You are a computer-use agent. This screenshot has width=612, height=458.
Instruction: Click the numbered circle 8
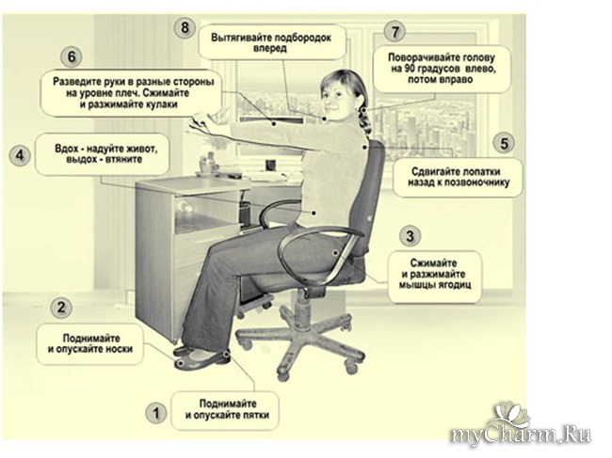point(185,28)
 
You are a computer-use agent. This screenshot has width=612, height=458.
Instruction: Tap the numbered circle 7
point(395,31)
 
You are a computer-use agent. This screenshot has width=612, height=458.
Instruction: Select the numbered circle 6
point(72,57)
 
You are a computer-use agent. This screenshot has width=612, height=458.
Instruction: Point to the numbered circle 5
point(505,143)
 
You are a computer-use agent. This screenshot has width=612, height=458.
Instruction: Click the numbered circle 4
point(20,155)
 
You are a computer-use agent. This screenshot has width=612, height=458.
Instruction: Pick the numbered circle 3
point(410,236)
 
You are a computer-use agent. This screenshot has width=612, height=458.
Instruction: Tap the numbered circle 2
point(61,308)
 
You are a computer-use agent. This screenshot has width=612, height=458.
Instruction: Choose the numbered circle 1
point(156,413)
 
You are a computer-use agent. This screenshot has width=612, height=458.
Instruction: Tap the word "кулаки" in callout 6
point(155,104)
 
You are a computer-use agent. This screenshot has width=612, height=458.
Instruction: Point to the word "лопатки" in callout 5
point(481,172)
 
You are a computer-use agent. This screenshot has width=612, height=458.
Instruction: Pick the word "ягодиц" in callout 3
point(454,285)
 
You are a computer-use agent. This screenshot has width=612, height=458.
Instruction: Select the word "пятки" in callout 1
point(253,416)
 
